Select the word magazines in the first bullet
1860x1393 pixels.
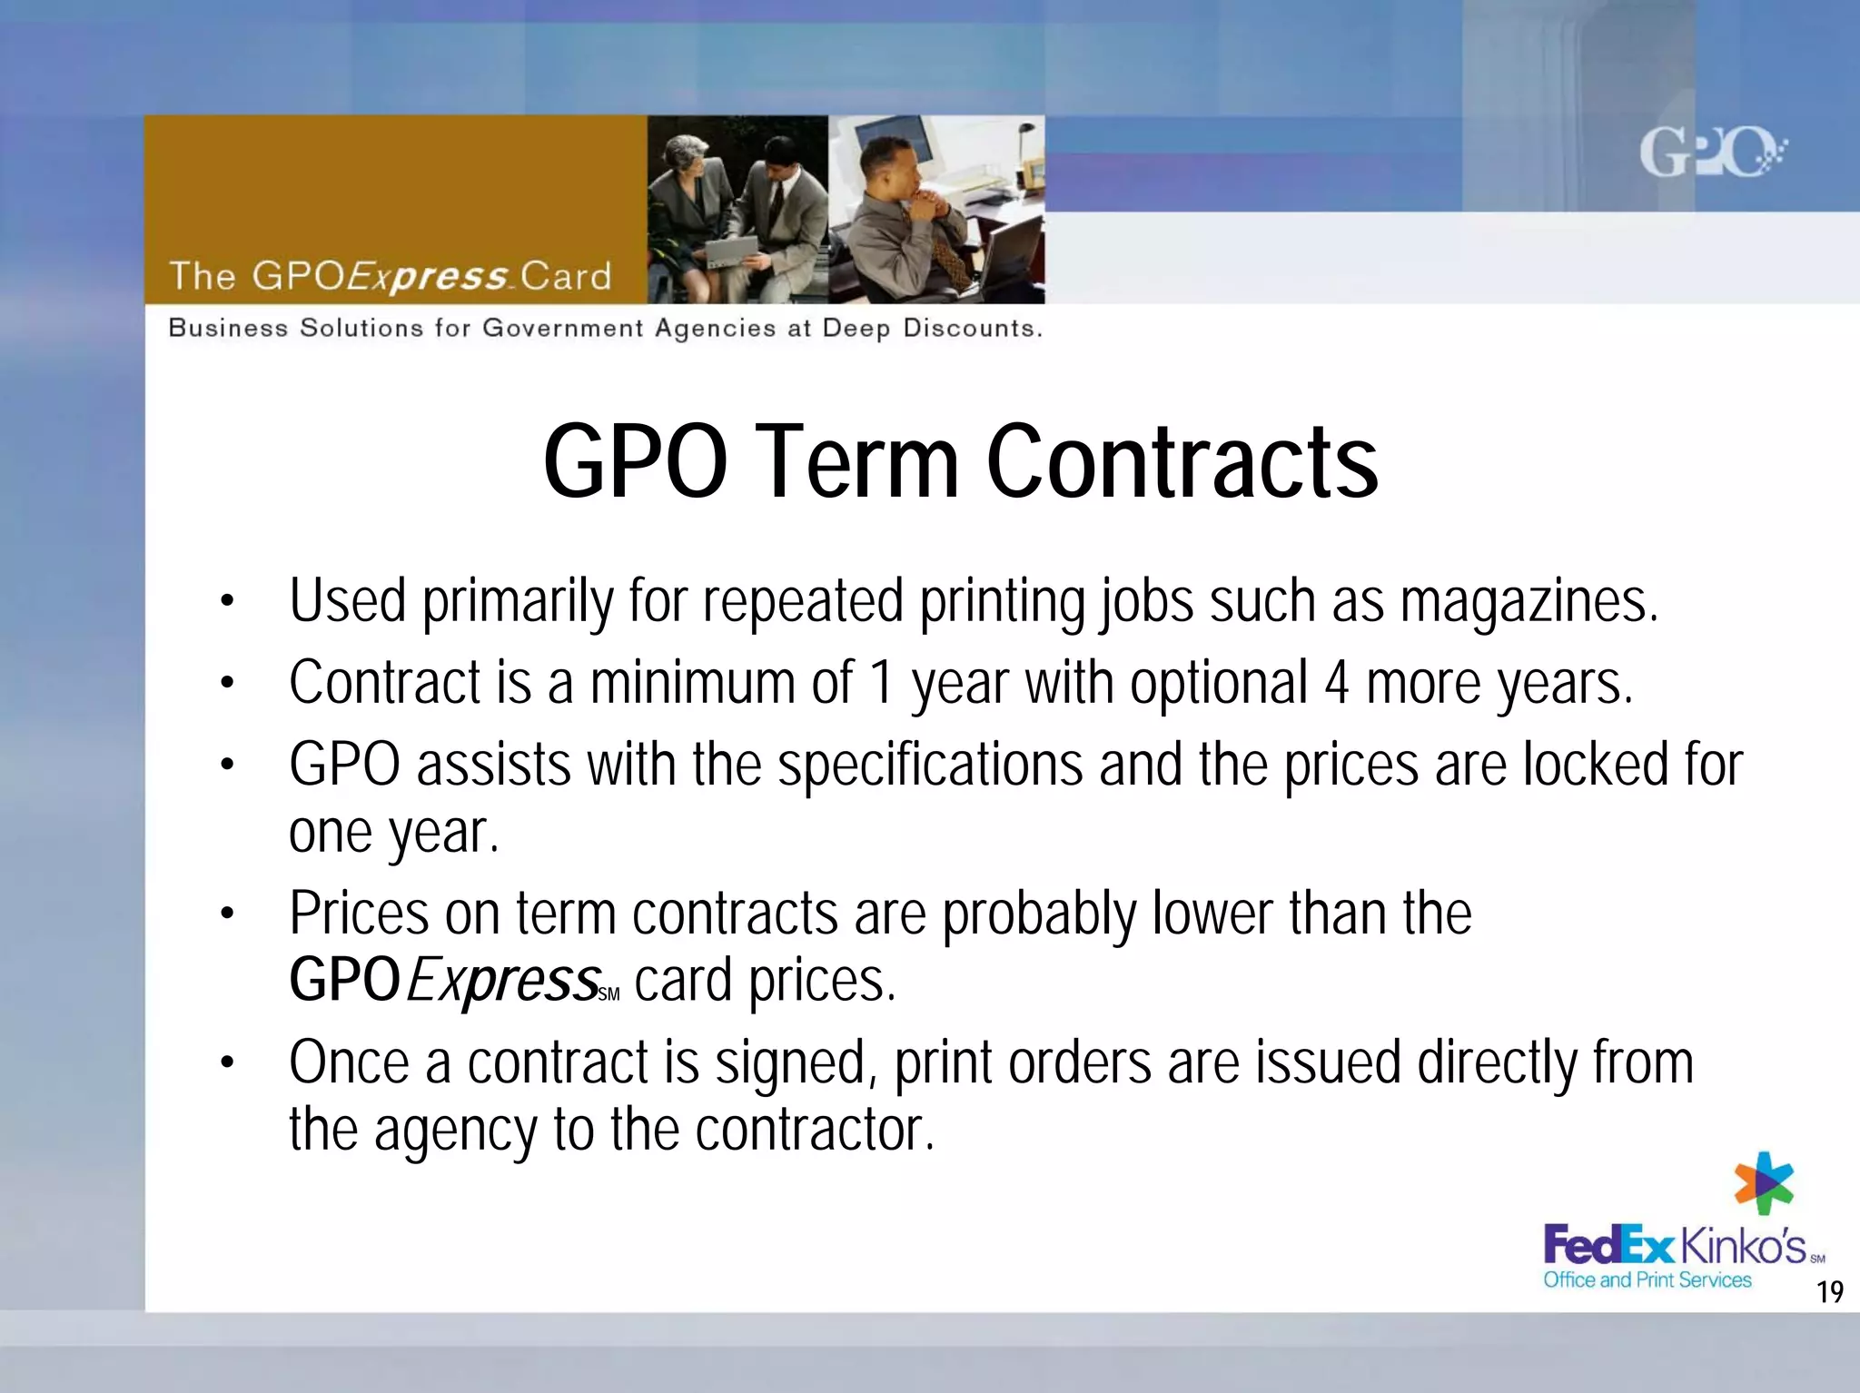pos(1529,601)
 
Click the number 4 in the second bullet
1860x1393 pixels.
pos(1336,683)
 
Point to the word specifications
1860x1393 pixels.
pos(930,765)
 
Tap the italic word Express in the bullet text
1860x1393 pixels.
pos(503,981)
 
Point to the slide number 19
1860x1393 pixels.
pos(1829,1291)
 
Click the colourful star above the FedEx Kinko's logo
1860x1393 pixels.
pos(1764,1184)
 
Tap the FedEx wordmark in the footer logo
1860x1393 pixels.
pos(1608,1246)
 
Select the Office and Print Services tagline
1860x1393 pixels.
pos(1647,1280)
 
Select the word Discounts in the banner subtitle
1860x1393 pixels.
pos(972,328)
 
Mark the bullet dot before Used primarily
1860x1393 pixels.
pos(227,601)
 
